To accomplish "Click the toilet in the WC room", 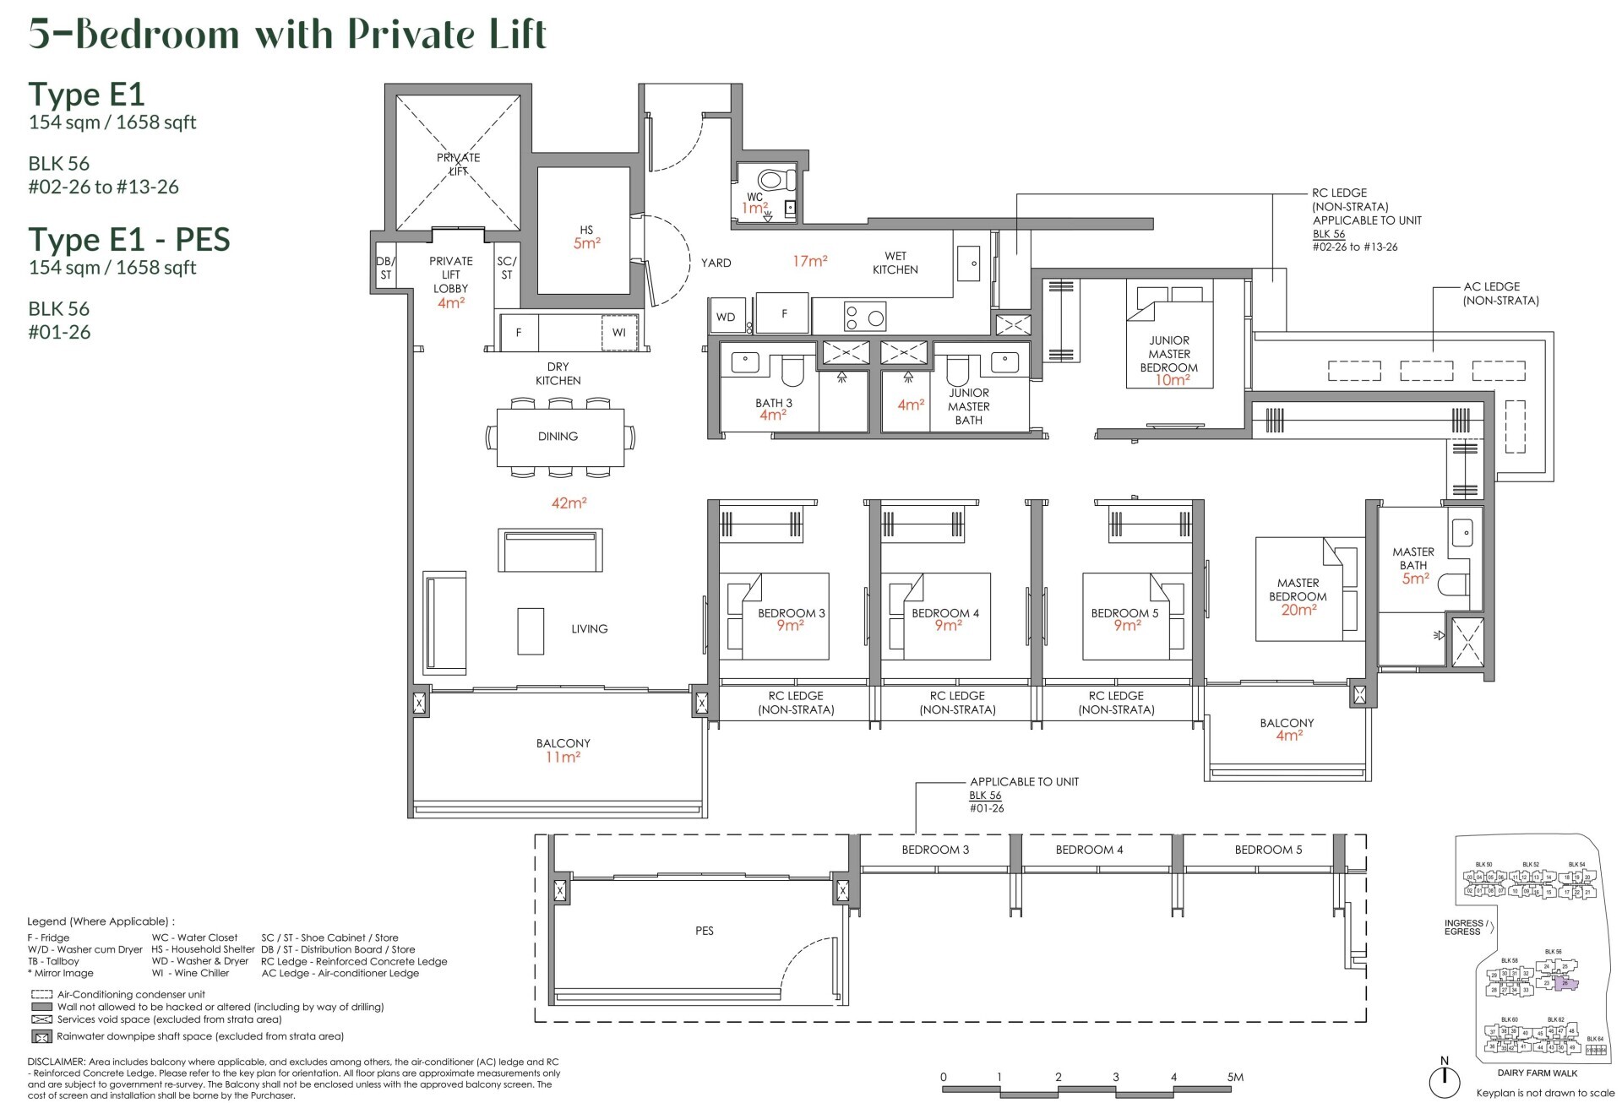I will point(776,180).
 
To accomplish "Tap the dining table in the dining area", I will point(559,437).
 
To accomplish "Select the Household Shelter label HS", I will point(585,230).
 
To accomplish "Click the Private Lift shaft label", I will point(458,164).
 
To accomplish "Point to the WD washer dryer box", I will point(726,317).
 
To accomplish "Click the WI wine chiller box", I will point(618,332).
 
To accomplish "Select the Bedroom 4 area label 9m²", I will point(948,626).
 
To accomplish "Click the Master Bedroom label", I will point(1298,590).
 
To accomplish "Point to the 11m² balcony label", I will point(563,757).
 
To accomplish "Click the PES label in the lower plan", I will point(705,931).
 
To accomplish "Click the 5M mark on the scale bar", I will point(1235,1077).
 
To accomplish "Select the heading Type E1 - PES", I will point(128,240).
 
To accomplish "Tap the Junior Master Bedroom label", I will point(1168,354).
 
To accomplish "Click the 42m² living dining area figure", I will point(569,503).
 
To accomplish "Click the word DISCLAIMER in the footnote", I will point(56,1062).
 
